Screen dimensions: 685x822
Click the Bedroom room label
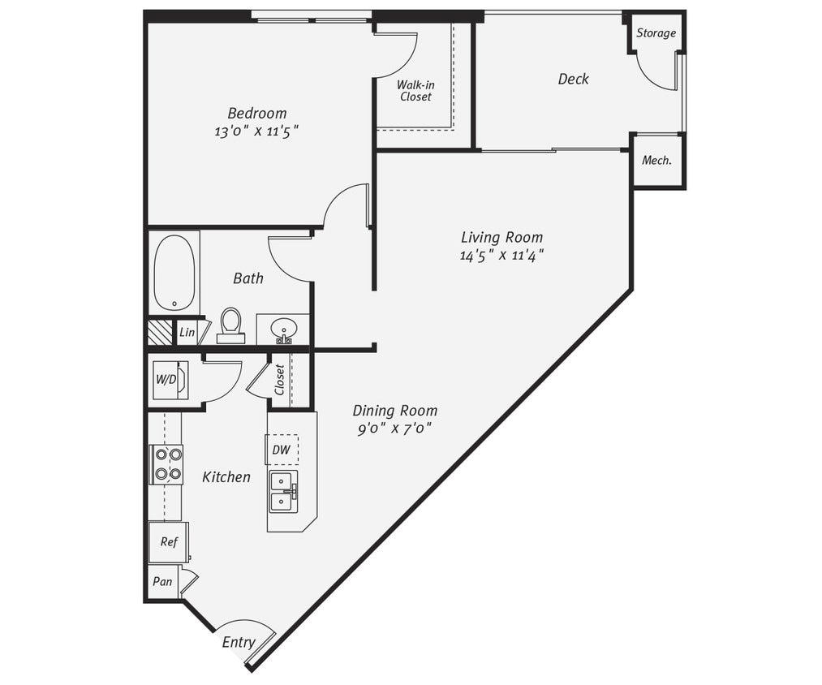point(256,114)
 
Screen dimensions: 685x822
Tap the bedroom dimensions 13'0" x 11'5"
point(256,131)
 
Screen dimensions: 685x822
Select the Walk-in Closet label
point(414,90)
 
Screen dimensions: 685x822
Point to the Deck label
point(573,79)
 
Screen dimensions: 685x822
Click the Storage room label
point(656,33)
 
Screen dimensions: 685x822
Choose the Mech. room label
point(656,161)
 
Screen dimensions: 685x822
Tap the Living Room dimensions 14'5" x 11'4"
point(501,256)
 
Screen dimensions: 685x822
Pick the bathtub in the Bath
point(174,273)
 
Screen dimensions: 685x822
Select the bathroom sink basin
point(283,329)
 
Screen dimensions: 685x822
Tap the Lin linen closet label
point(187,333)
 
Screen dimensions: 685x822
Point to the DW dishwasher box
point(281,450)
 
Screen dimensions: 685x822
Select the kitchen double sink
point(282,492)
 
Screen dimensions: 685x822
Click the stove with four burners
point(166,464)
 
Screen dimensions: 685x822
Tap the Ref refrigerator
point(168,542)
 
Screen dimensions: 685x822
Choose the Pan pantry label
point(163,582)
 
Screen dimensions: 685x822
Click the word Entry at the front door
point(239,643)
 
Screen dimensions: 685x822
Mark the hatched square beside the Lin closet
point(160,333)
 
